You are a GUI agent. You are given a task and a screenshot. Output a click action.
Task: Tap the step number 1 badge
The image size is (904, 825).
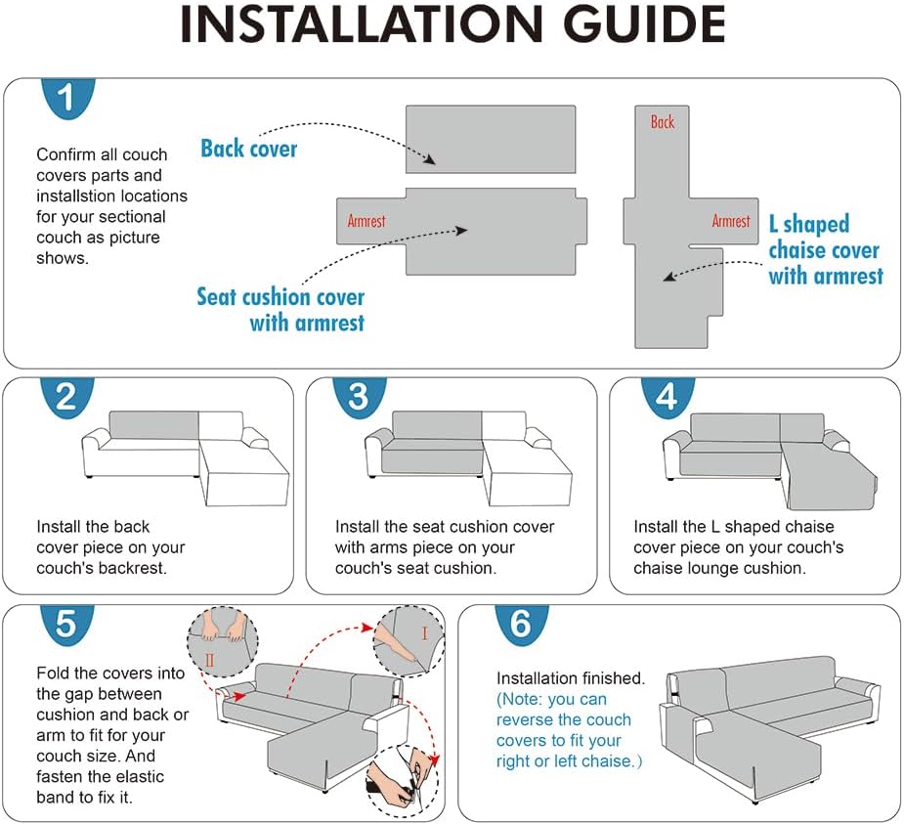(x=67, y=98)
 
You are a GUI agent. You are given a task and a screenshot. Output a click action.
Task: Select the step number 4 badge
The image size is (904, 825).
(x=667, y=398)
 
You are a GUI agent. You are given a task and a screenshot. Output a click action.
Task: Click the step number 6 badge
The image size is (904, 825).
(x=521, y=625)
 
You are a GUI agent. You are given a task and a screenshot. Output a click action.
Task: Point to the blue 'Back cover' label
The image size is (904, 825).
(x=249, y=149)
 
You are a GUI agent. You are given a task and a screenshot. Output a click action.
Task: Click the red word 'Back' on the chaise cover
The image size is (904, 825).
(x=663, y=121)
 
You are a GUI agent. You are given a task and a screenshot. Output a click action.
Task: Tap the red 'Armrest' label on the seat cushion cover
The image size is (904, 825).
(x=366, y=221)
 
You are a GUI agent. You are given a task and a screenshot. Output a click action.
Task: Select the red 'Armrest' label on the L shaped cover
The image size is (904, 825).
(x=731, y=221)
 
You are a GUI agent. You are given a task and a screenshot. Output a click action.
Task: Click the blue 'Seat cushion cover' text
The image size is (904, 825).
(x=280, y=297)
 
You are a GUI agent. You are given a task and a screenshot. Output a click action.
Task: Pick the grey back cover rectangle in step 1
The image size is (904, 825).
(x=491, y=139)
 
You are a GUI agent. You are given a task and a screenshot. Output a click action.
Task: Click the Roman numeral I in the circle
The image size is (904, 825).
(x=424, y=633)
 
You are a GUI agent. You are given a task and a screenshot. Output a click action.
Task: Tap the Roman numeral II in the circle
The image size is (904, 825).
(x=209, y=660)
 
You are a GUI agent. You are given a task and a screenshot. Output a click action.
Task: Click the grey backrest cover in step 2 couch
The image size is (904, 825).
(x=154, y=425)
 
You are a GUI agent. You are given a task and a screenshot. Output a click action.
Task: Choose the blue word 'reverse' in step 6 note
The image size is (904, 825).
(x=524, y=719)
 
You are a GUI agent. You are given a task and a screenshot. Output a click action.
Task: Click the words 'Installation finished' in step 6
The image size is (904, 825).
(x=570, y=678)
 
